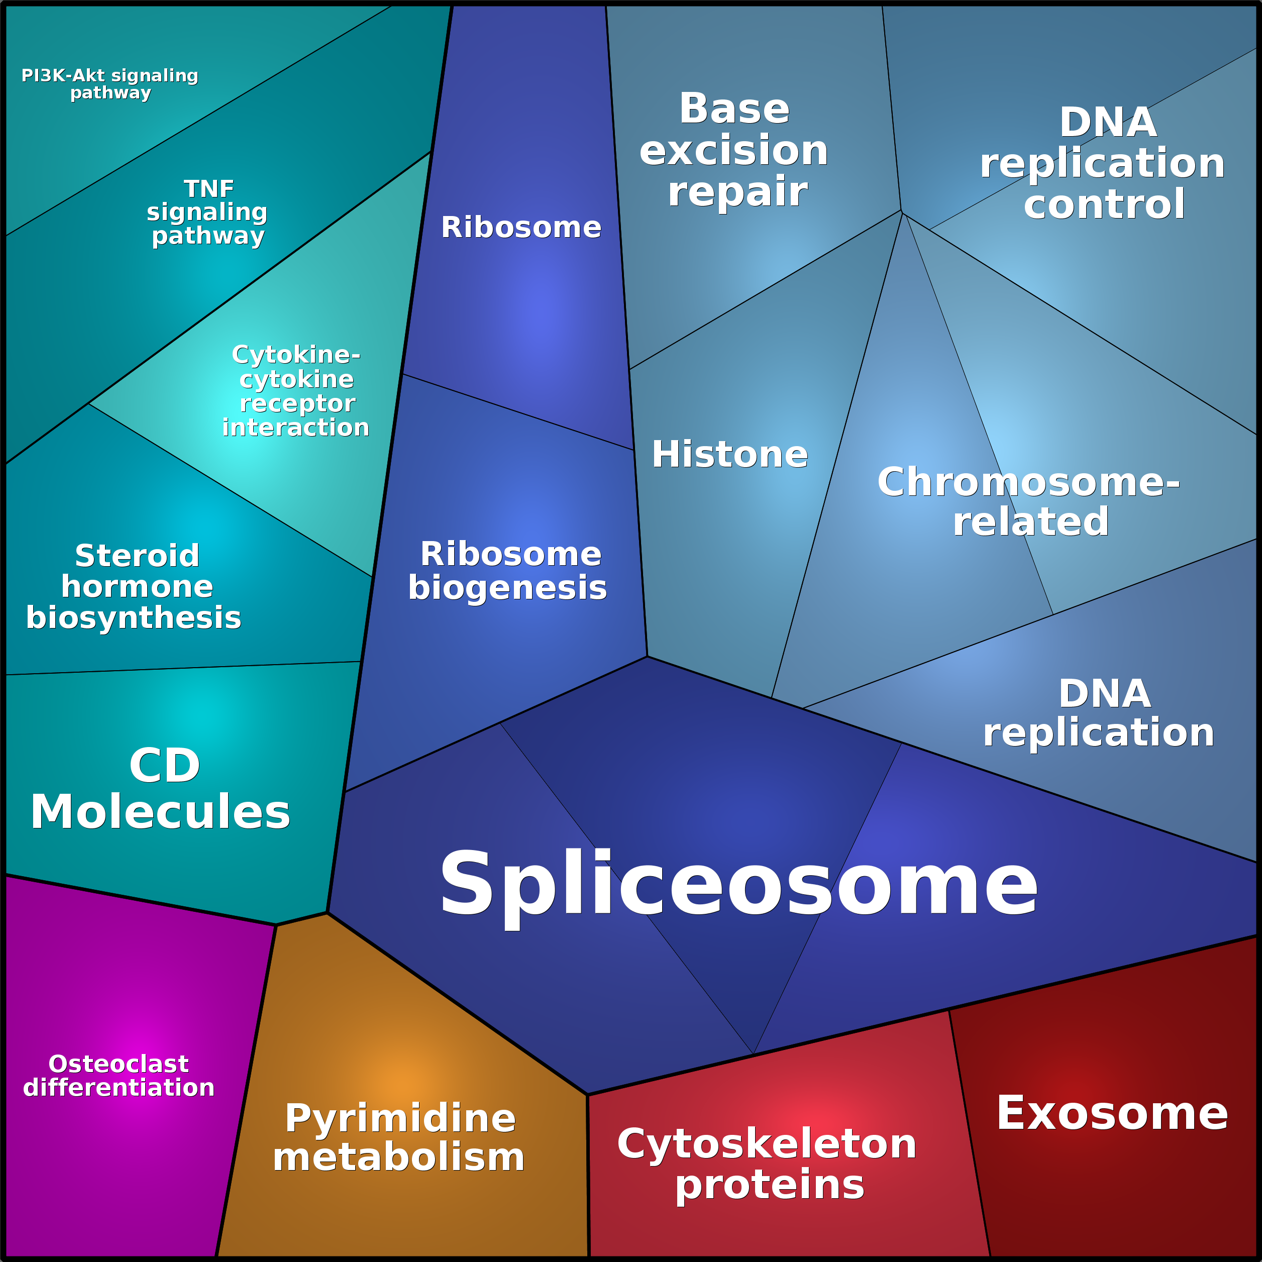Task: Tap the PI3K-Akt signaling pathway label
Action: tap(110, 84)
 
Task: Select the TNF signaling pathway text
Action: tap(207, 213)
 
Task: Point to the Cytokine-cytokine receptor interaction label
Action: tap(296, 391)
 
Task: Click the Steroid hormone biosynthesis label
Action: tap(134, 587)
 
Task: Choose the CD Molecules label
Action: tap(161, 789)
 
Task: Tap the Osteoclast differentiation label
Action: tap(119, 1075)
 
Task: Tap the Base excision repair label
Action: tap(734, 150)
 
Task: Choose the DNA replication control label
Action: tap(1103, 163)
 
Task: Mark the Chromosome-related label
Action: tap(1029, 501)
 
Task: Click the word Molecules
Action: tap(161, 812)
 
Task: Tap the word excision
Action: tap(734, 151)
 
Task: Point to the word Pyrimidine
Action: tap(400, 1120)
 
